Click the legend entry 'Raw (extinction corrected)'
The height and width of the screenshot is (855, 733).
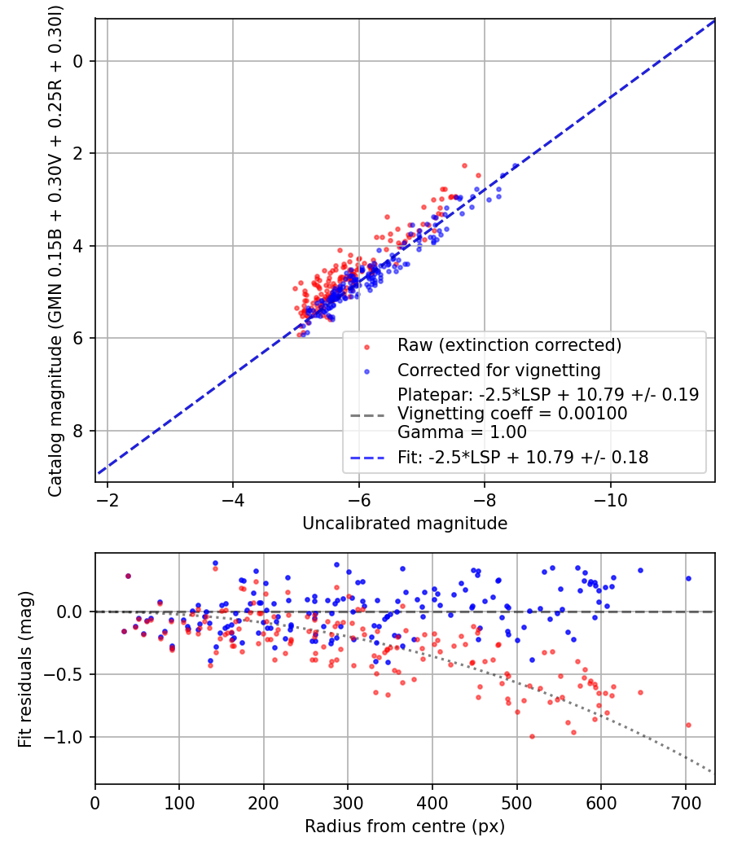click(509, 345)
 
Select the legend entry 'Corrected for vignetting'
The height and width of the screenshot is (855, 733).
click(499, 370)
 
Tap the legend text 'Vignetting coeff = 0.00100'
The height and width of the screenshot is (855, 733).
click(512, 414)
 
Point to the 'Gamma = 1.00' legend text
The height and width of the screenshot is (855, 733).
click(462, 432)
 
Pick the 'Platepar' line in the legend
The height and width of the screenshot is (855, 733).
click(548, 394)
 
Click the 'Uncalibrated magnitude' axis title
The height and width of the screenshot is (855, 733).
click(405, 524)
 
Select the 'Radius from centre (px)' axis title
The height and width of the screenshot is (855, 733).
click(405, 826)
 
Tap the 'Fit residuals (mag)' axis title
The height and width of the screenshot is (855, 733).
click(25, 669)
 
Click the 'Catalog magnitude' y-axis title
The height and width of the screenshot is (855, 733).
click(55, 251)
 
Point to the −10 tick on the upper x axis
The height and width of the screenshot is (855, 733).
click(610, 500)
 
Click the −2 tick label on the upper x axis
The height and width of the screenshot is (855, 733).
click(108, 500)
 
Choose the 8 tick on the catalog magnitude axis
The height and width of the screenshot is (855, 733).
click(78, 431)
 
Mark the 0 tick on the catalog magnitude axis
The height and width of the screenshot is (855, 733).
click(78, 61)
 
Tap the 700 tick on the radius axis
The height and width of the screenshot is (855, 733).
click(686, 803)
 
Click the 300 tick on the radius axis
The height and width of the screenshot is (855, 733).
click(348, 803)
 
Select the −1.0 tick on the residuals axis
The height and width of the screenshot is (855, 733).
click(62, 737)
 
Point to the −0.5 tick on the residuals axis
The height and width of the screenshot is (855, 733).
click(62, 674)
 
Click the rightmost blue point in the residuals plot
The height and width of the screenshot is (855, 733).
click(688, 578)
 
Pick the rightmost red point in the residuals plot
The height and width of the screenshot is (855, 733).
click(688, 726)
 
